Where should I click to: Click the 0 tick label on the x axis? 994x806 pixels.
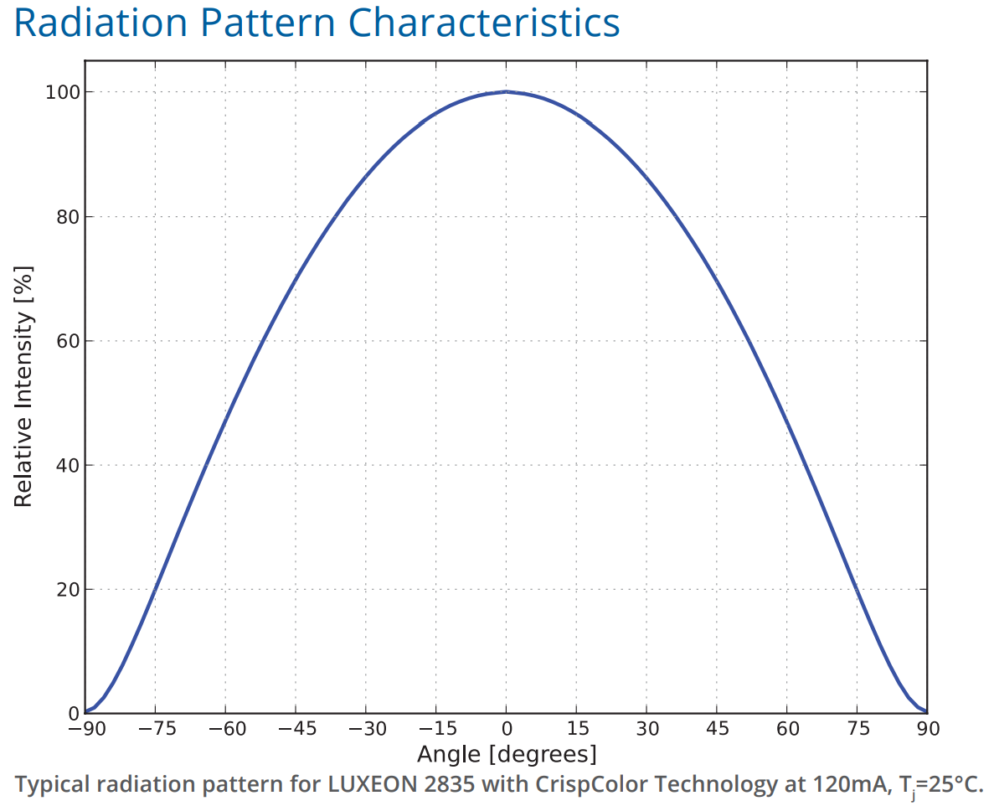pos(506,729)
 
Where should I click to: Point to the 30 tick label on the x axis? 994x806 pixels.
pos(646,729)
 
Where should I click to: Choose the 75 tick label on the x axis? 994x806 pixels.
pos(857,729)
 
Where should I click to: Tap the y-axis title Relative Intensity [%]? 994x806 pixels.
pos(23,385)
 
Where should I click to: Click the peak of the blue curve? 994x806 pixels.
pos(506,91)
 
